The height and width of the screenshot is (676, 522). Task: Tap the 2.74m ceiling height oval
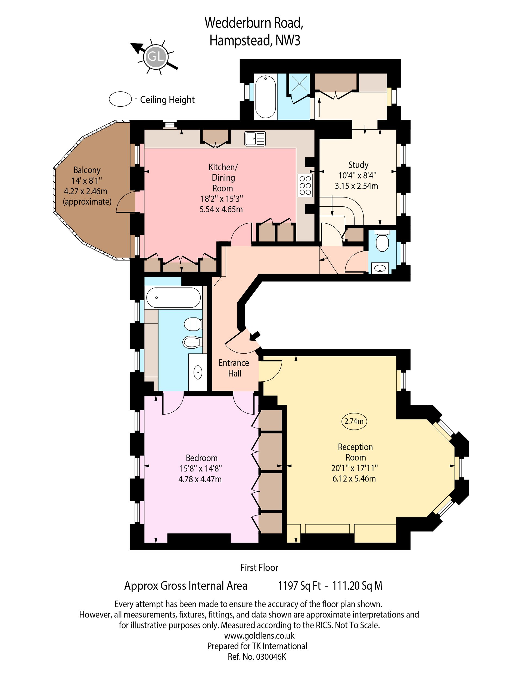[354, 421]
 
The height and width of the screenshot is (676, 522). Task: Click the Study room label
[358, 165]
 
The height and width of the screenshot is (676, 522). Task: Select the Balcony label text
[87, 170]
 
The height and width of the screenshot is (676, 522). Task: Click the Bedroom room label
[201, 458]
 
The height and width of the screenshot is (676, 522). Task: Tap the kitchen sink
[255, 139]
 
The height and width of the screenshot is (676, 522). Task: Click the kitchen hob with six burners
[305, 186]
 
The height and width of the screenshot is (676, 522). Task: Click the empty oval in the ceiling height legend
[120, 99]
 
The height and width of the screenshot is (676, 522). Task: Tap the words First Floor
[259, 567]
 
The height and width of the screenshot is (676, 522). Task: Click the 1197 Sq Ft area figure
[299, 586]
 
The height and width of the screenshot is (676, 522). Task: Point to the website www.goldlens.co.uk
[259, 636]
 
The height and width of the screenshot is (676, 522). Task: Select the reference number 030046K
[271, 657]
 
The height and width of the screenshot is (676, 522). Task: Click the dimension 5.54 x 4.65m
[221, 209]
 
